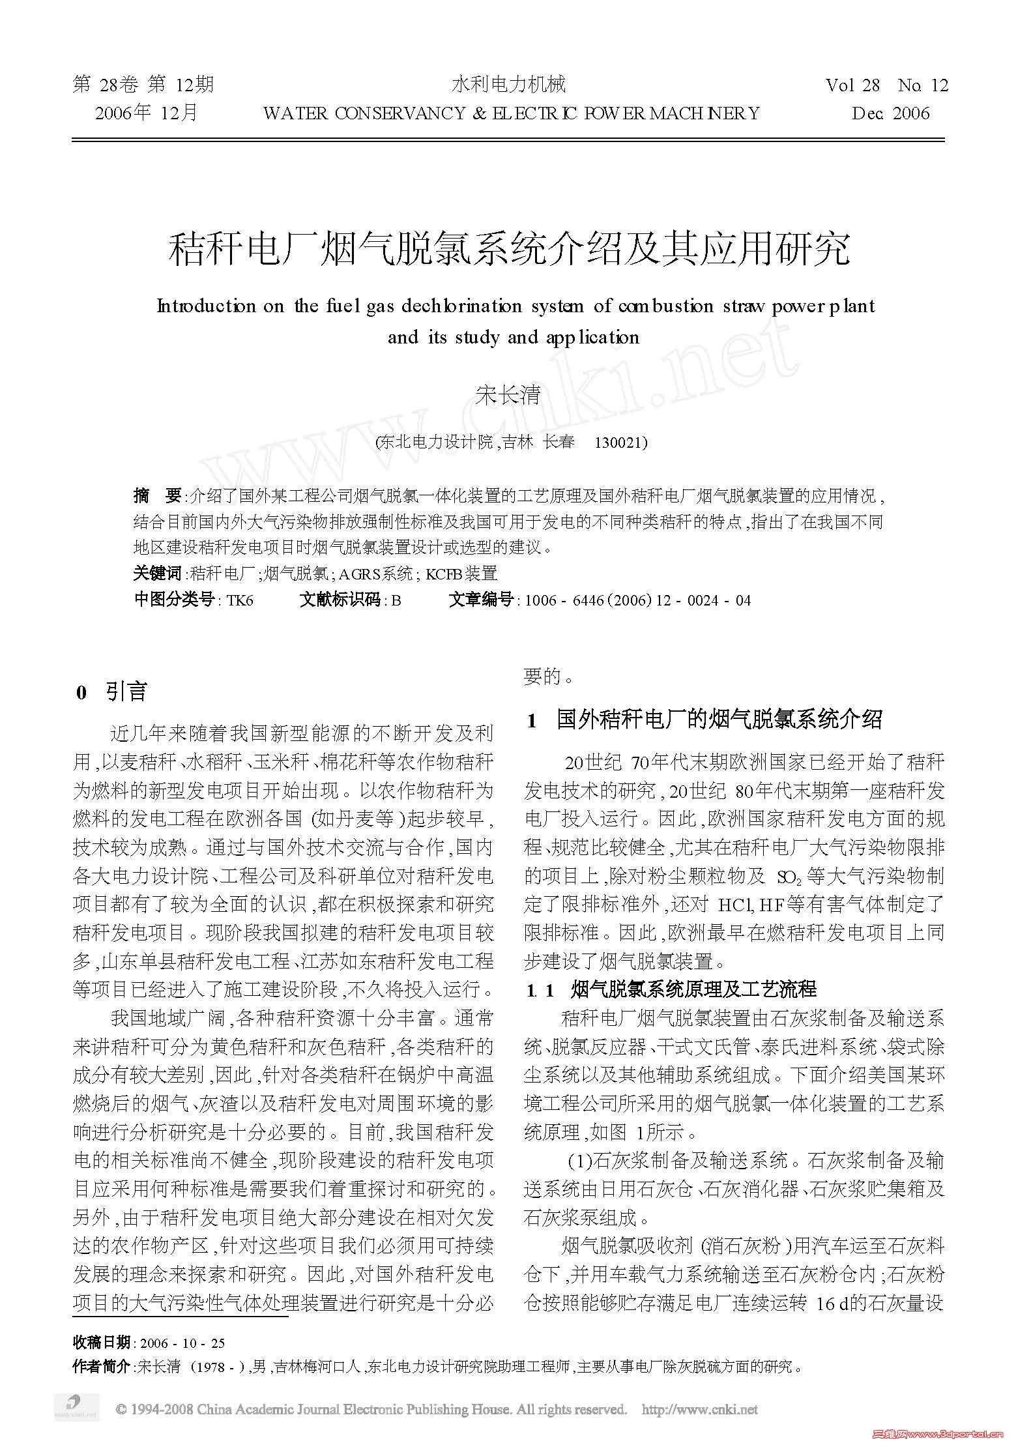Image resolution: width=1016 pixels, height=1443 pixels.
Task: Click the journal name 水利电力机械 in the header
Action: coord(508,84)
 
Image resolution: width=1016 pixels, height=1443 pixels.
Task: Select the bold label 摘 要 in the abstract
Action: coord(157,496)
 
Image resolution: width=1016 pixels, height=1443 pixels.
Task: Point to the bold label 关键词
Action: coord(157,574)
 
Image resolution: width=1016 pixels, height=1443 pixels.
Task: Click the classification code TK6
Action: coord(239,600)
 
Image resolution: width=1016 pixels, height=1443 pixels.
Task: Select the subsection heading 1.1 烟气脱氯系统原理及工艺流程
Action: coord(671,989)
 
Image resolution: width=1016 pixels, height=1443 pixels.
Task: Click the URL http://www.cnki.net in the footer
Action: coord(699,1410)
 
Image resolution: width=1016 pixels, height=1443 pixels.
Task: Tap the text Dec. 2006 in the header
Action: coord(890,113)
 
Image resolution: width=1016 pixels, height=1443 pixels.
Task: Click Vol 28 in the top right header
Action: coord(852,85)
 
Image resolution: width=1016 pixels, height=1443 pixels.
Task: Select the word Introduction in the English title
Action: coord(207,306)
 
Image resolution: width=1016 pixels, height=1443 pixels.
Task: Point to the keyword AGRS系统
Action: coord(375,574)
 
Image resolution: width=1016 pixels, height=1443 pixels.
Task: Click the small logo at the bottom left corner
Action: coord(76,1407)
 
